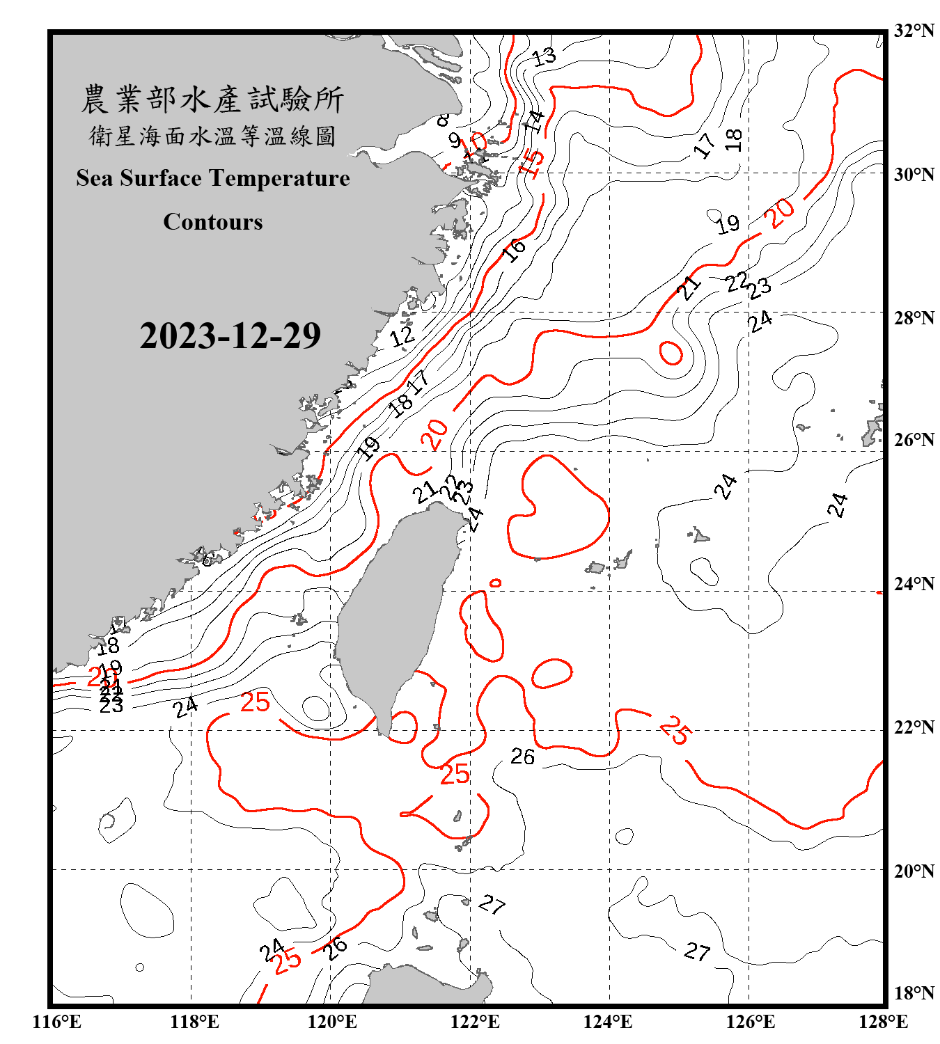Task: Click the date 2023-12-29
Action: (x=230, y=335)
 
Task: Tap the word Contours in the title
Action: (x=213, y=222)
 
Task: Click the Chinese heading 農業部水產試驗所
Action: (x=212, y=100)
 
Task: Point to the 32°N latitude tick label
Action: (x=914, y=31)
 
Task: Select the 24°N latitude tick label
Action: (x=914, y=583)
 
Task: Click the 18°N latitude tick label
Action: (x=914, y=992)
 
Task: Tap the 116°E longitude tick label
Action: (x=57, y=1022)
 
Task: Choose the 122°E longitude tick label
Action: (x=475, y=1022)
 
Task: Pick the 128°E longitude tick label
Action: (x=883, y=1022)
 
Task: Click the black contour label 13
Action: (x=545, y=56)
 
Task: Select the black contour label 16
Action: (x=515, y=249)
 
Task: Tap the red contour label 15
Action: (x=532, y=161)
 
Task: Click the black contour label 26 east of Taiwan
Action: (x=523, y=757)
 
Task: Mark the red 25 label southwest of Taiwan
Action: (x=255, y=702)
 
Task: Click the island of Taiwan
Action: (x=397, y=612)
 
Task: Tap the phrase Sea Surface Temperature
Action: (x=213, y=178)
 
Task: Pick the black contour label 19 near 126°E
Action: (x=728, y=224)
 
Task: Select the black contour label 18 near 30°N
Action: (x=734, y=140)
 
